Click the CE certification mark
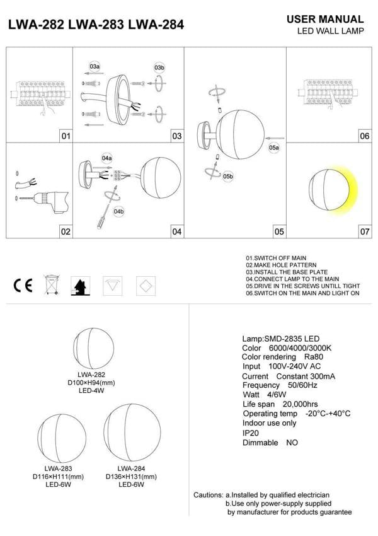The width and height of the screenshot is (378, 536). click(x=23, y=286)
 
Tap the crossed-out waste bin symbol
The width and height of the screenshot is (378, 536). click(x=52, y=285)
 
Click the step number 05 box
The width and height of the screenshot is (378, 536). click(x=278, y=232)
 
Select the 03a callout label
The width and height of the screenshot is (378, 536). click(x=94, y=66)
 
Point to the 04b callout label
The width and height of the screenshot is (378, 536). click(x=119, y=211)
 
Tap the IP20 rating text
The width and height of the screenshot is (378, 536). click(x=251, y=433)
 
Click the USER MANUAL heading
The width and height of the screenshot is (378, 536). click(x=324, y=20)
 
